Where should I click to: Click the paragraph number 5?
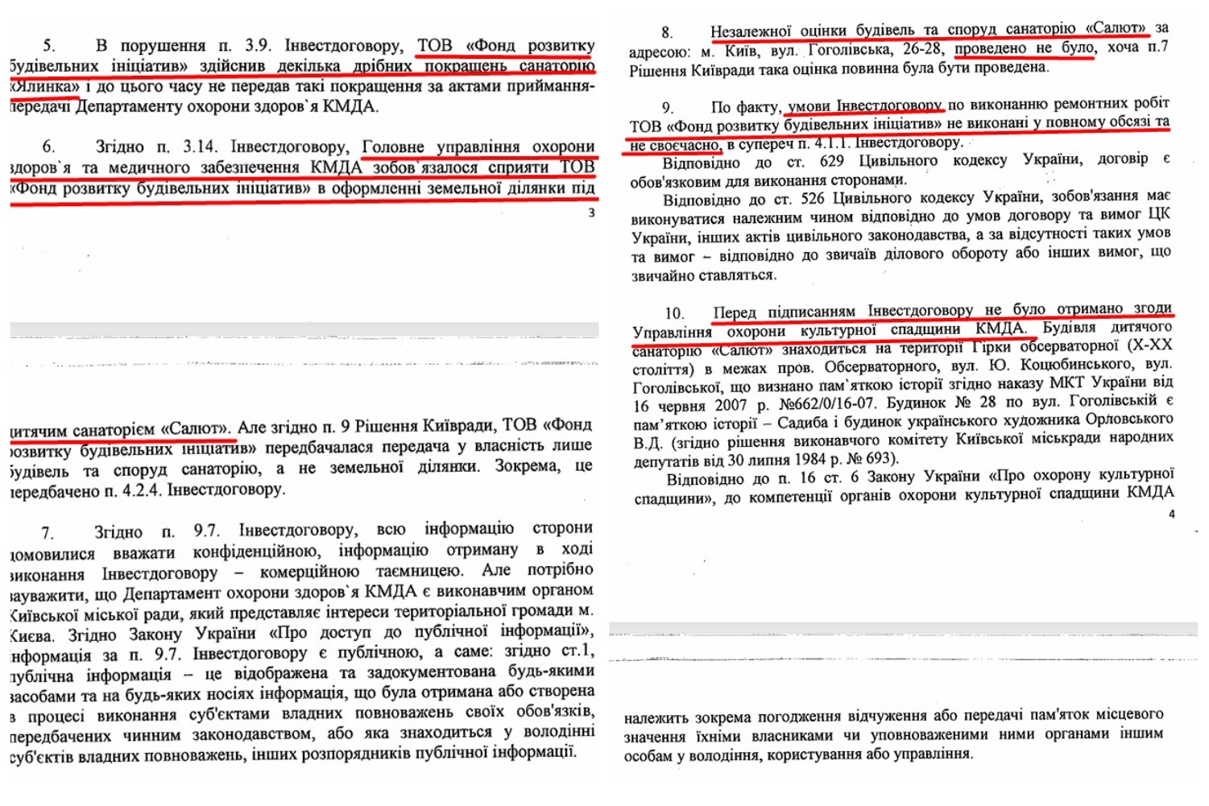pyautogui.click(x=48, y=46)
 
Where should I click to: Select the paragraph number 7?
pyautogui.click(x=48, y=533)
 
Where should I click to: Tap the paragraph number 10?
pyautogui.click(x=673, y=313)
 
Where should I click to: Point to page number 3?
pyautogui.click(x=591, y=213)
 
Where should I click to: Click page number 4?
pyautogui.click(x=1171, y=514)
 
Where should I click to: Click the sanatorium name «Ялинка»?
pyautogui.click(x=44, y=86)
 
